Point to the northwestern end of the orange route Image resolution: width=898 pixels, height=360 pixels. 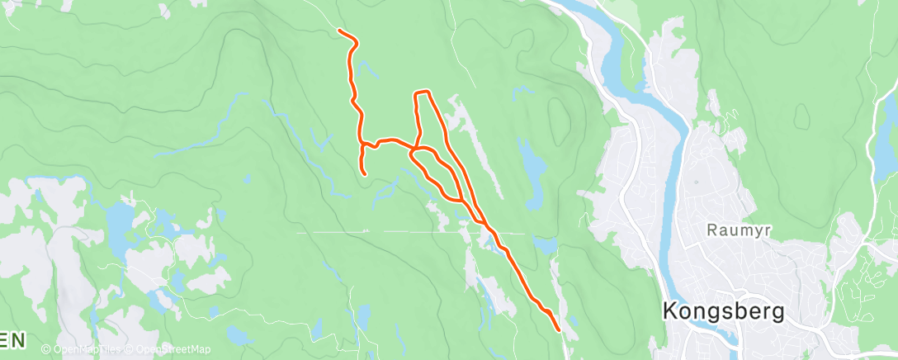[340, 31]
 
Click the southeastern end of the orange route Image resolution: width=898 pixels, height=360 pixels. [560, 329]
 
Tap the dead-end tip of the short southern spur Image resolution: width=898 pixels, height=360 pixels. [365, 173]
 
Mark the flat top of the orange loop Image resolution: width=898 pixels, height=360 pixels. [422, 92]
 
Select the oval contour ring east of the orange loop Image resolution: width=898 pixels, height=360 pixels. [558, 120]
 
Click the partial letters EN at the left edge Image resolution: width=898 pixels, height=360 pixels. [12, 339]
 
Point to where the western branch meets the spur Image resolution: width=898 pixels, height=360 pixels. [363, 145]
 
